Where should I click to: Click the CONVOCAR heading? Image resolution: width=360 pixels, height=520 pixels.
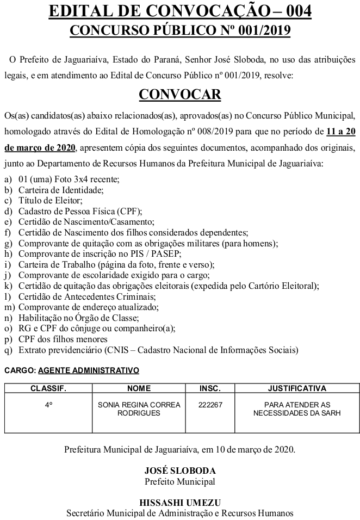180,94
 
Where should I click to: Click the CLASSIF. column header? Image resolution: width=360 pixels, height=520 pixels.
48,388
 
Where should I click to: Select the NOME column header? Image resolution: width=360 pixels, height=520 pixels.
139,388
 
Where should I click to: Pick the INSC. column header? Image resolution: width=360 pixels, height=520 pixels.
210,388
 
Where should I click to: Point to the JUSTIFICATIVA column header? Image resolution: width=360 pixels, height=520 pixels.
297,388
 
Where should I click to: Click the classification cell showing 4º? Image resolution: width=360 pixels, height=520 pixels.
48,405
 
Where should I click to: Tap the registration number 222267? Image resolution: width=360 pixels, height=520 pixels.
210,405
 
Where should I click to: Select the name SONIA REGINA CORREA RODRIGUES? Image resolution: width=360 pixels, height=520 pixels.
139,408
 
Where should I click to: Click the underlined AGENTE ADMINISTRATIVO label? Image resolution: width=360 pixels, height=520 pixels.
89,370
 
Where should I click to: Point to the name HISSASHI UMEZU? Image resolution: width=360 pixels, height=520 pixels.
180,503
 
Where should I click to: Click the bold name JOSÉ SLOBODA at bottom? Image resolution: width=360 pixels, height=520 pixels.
180,471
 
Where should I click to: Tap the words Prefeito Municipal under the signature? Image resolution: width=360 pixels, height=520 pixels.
180,481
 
